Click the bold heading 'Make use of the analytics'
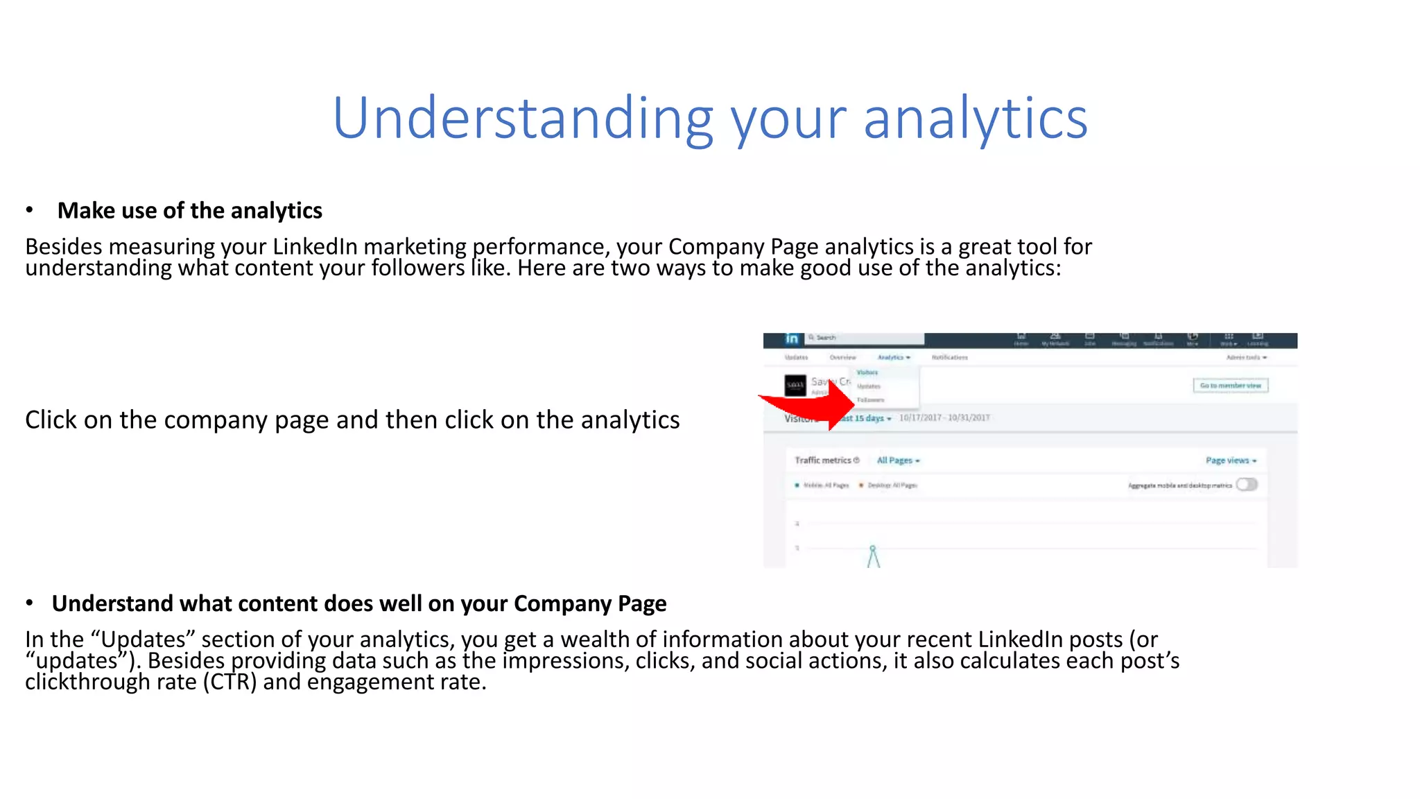click(x=189, y=210)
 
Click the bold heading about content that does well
click(x=358, y=603)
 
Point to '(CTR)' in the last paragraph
click(x=230, y=682)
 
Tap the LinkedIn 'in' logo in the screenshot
click(x=792, y=338)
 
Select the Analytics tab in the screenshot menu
click(x=893, y=357)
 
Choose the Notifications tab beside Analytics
click(x=949, y=357)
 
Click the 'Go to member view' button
click(x=1230, y=386)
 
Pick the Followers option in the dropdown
click(x=870, y=400)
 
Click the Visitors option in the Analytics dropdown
click(x=867, y=372)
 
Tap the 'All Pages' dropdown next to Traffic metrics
click(x=898, y=461)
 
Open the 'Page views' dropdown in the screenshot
click(x=1231, y=461)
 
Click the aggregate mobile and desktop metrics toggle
click(x=1247, y=485)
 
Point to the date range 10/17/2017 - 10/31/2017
click(x=944, y=418)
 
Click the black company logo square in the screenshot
click(x=795, y=385)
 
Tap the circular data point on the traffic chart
click(x=873, y=549)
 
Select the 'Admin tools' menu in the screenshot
click(x=1246, y=357)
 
